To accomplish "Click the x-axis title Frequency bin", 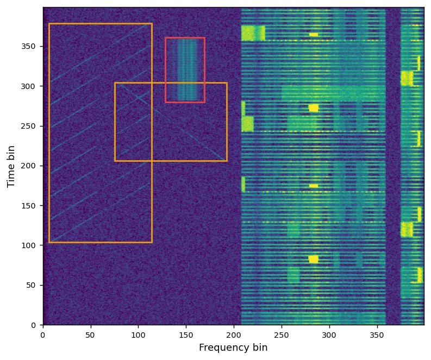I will (233, 348).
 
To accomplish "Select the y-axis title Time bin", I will (11, 166).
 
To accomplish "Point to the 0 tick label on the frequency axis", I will (43, 333).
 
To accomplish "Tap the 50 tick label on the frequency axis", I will (91, 333).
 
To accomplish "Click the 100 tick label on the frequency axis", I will (139, 333).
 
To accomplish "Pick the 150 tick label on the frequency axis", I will (186, 333).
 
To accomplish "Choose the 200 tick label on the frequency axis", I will (234, 333).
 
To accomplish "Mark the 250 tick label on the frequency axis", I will (282, 333).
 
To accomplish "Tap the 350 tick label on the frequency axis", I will (377, 333).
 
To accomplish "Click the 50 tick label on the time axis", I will (32, 285).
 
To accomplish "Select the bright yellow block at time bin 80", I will (314, 259).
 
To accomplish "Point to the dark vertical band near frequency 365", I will (393, 163).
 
